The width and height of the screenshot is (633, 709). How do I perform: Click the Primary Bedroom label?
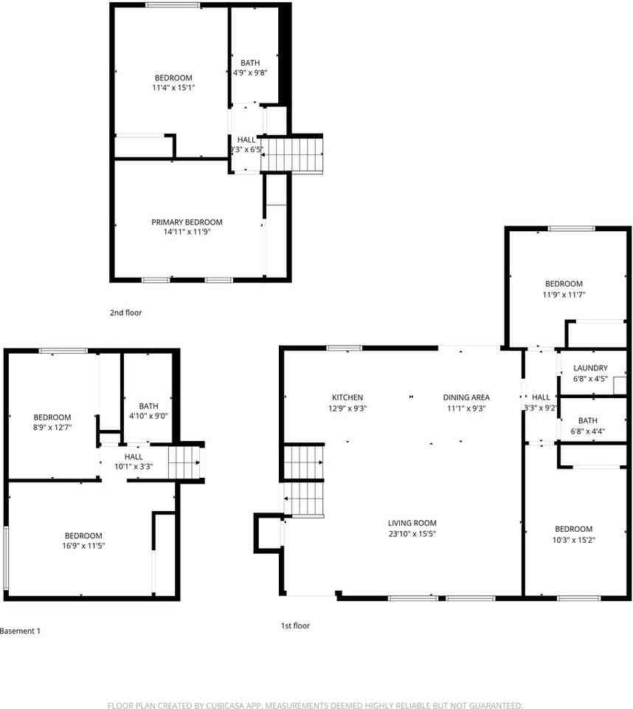187,222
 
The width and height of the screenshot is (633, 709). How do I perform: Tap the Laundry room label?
590,369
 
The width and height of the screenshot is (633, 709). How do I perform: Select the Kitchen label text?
347,397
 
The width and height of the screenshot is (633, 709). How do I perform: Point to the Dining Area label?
466,397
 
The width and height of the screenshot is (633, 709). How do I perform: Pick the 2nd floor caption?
125,313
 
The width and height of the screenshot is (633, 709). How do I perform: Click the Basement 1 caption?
20,631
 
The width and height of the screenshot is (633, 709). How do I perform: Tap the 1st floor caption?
295,626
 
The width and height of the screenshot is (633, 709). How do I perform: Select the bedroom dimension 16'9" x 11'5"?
83,547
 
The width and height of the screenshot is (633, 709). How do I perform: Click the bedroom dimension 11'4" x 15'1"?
173,88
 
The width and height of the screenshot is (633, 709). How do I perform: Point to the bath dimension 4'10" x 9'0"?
148,416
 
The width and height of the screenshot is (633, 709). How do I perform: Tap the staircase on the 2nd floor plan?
293,154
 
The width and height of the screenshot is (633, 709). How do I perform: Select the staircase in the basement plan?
184,462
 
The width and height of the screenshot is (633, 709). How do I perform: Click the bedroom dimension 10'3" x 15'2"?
574,540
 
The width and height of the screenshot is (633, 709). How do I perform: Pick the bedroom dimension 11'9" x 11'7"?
564,295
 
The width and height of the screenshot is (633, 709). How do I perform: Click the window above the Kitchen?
345,348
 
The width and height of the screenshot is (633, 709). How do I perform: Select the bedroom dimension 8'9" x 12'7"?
52,428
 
